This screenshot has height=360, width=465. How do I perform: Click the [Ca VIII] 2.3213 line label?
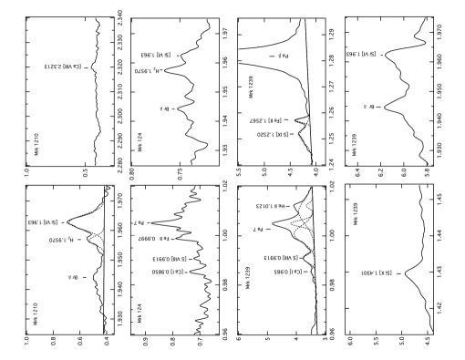point(64,67)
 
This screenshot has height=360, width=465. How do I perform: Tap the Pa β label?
point(283,57)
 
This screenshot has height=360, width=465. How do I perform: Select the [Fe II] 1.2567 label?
point(265,121)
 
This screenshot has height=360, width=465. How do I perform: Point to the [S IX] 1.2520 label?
point(273,135)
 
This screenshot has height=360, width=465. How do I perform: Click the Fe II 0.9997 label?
point(151,239)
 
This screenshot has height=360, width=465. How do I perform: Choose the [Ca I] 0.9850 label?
point(168,272)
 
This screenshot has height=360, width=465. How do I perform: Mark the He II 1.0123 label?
point(270,206)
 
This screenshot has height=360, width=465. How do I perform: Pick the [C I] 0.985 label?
point(288,272)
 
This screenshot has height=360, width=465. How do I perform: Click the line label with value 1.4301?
point(376,273)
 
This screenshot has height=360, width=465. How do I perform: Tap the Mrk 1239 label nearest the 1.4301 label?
point(356,215)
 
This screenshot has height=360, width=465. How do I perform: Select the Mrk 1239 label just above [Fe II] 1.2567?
point(251,87)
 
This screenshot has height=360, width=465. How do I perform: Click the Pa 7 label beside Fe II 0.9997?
point(139,222)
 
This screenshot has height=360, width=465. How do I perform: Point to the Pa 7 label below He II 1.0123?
point(258,230)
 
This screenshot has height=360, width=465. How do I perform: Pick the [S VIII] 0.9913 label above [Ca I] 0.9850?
point(169,259)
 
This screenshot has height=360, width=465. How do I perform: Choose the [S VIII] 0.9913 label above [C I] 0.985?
point(281,258)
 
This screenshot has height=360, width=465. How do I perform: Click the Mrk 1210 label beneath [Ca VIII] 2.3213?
point(36,145)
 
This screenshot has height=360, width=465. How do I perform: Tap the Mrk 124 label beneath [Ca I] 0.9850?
point(139,314)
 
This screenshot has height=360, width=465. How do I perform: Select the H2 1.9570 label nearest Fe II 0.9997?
point(61,240)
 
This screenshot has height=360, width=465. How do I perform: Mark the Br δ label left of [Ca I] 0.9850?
point(73,277)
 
